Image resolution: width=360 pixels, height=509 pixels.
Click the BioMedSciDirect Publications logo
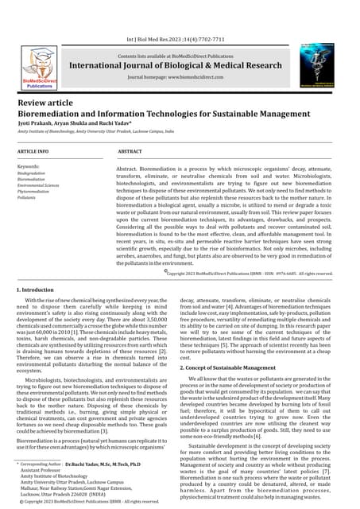(40, 68)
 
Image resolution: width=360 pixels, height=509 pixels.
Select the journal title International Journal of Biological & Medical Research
(180, 64)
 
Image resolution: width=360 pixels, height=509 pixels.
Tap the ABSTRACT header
(130, 150)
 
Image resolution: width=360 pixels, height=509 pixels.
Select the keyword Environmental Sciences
(38, 185)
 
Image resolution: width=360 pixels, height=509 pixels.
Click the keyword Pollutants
(26, 197)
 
